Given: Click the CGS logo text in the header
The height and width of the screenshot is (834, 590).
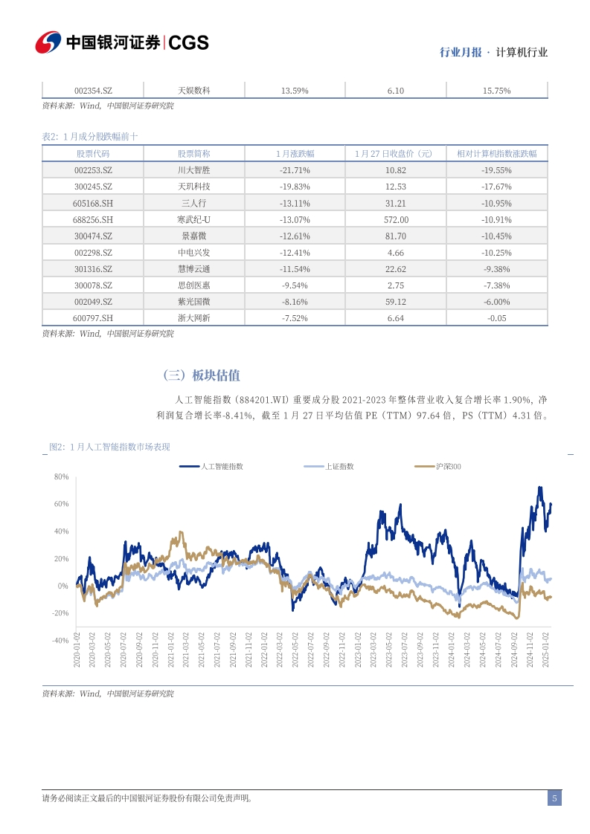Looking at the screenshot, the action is [x=188, y=42].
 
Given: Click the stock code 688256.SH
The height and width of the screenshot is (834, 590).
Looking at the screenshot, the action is [x=93, y=220].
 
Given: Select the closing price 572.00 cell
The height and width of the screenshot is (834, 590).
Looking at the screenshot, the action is [x=396, y=220].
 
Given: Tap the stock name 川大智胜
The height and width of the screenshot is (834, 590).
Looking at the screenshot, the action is [x=194, y=170].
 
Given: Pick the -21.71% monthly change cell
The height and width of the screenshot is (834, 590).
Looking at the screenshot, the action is [x=295, y=170].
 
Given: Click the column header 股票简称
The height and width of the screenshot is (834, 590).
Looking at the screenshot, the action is [x=194, y=154].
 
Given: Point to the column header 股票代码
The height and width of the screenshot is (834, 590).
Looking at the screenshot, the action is [x=93, y=154].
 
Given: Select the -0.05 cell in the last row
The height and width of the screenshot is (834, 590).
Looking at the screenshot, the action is [x=497, y=318].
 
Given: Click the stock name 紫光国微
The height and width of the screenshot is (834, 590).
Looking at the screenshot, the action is [x=194, y=302].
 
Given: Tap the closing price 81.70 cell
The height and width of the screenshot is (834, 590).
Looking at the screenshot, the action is [x=396, y=236].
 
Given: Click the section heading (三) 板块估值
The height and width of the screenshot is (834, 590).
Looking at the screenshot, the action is [x=202, y=375].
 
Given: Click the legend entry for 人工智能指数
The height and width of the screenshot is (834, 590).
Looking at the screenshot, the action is [x=211, y=467].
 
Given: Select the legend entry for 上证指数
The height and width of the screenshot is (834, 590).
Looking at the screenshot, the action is [x=329, y=467].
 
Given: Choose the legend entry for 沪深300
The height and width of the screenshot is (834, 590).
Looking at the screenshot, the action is [x=437, y=467].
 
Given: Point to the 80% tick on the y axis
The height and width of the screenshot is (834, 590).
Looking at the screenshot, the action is [x=61, y=477].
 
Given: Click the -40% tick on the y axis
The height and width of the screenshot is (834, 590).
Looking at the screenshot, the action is [x=60, y=641].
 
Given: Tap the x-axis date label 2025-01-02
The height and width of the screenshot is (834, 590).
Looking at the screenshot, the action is [x=545, y=650].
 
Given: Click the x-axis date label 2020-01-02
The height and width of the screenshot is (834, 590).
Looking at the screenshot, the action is [x=77, y=650].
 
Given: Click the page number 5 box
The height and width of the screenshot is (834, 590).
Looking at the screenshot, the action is [x=554, y=798].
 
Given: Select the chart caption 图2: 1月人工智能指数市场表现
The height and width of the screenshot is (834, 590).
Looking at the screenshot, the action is [x=109, y=447].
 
